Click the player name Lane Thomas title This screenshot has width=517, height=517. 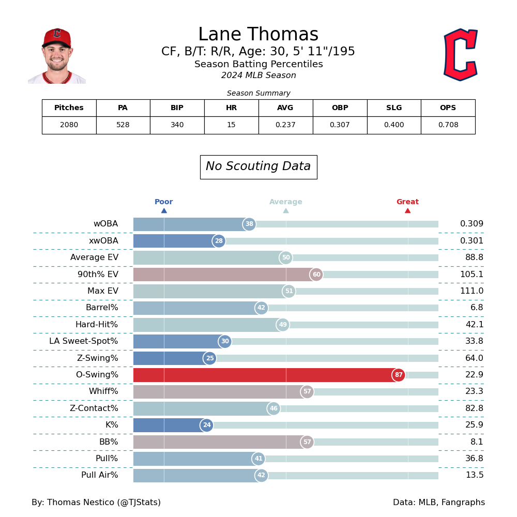click(258, 35)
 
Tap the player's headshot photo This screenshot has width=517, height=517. click(57, 56)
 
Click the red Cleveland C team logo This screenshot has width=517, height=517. click(460, 55)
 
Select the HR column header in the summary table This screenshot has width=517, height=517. click(231, 108)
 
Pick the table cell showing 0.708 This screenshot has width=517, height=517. click(448, 125)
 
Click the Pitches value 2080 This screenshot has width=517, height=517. click(69, 125)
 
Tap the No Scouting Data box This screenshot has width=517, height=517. click(258, 167)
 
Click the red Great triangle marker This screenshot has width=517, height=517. click(407, 210)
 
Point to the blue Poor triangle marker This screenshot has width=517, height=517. click(164, 210)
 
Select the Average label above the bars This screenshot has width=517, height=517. click(285, 202)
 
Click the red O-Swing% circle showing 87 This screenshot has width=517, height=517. click(399, 375)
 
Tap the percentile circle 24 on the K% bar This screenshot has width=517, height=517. click(207, 425)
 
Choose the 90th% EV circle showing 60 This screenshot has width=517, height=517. click(316, 275)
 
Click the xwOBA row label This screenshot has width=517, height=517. click(103, 241)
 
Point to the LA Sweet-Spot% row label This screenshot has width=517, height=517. click(84, 341)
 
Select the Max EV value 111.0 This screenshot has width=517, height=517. click(472, 291)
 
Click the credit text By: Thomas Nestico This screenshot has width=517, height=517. click(96, 503)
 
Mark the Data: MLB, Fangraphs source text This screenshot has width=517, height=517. click(438, 503)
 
